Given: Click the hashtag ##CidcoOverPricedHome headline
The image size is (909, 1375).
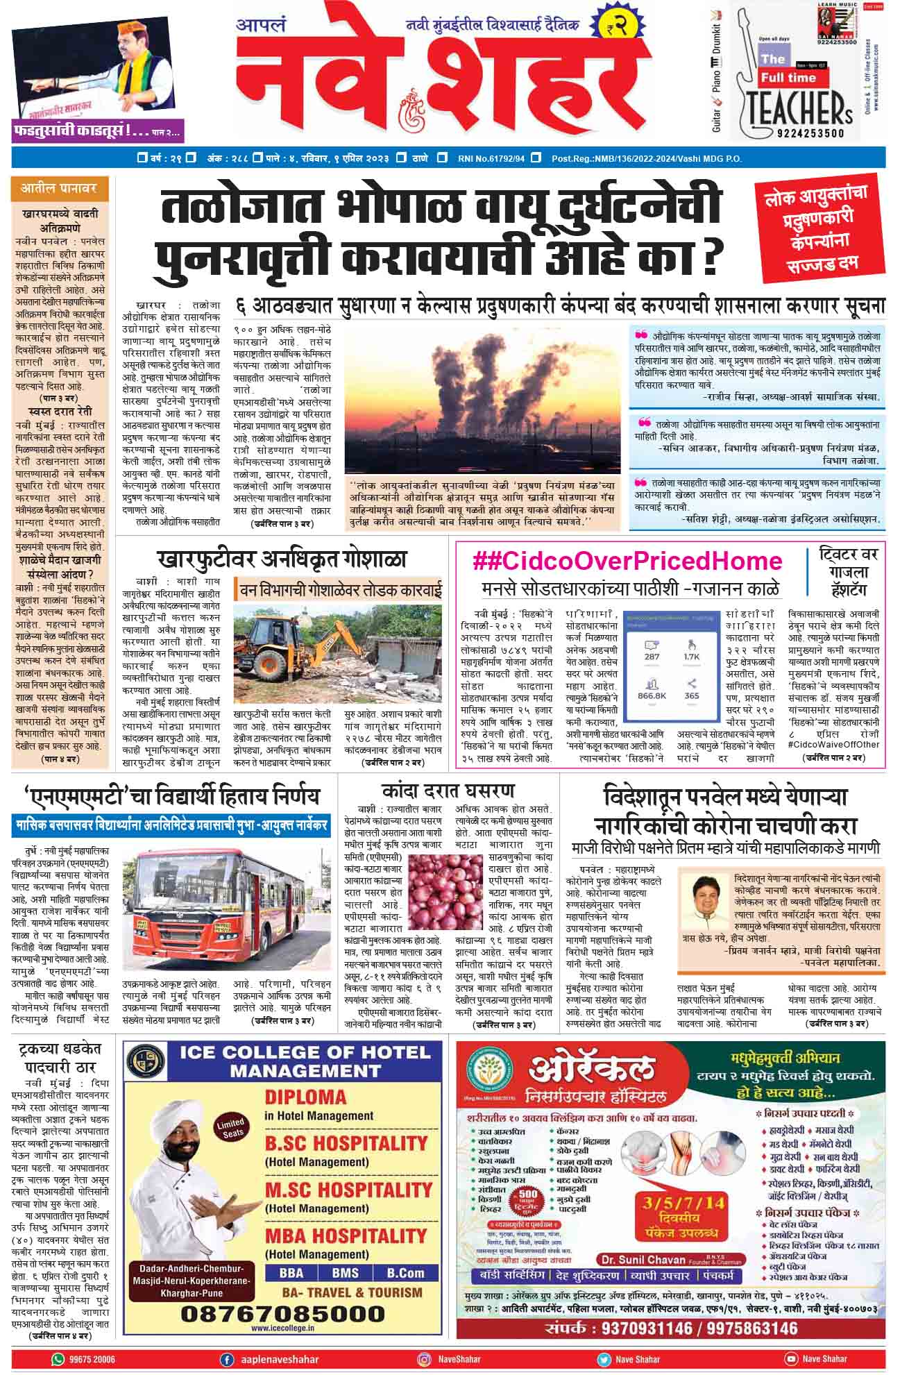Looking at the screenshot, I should (627, 560).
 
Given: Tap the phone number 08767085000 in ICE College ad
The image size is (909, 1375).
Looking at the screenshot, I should (282, 1314).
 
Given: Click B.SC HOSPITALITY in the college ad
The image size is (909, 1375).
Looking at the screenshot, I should (346, 1142).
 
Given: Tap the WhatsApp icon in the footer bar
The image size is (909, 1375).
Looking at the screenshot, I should (58, 1358).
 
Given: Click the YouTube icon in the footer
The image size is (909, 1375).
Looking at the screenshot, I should (790, 1358).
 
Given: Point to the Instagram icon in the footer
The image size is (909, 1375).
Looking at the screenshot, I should (425, 1358).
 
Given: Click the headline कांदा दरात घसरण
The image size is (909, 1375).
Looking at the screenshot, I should (448, 791).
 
